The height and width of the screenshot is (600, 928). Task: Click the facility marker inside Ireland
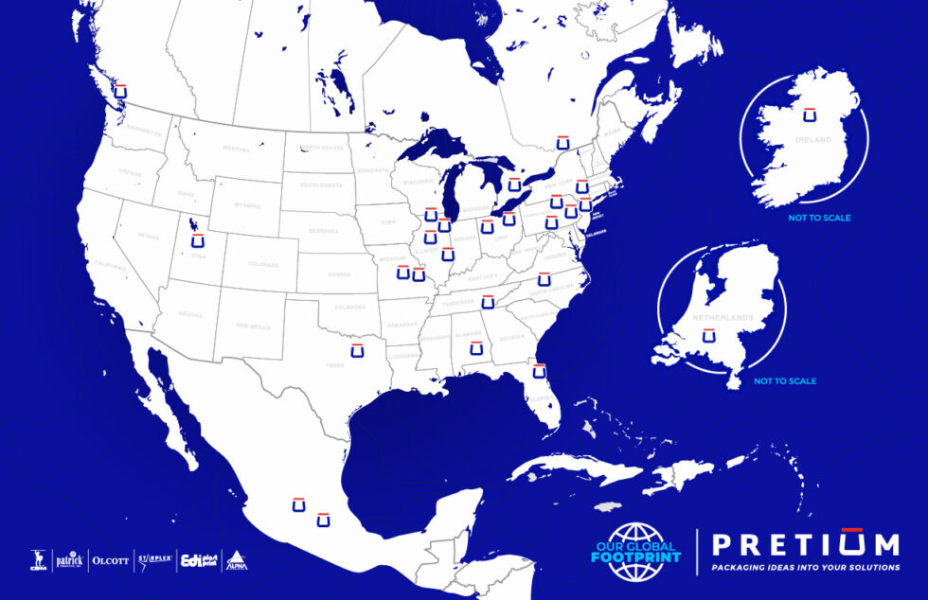[x=810, y=114]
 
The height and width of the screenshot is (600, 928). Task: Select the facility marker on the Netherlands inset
[x=707, y=336]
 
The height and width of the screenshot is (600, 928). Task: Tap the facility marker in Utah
[x=198, y=239]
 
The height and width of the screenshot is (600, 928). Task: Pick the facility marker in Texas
[x=357, y=350]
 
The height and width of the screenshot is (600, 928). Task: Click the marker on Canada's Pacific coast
[x=119, y=91]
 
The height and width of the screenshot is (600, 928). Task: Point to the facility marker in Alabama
[x=475, y=349]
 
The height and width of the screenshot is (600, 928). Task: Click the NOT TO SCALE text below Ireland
[x=819, y=218]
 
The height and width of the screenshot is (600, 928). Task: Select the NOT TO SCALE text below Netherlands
[x=785, y=381]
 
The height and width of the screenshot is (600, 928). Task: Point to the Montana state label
[x=237, y=149]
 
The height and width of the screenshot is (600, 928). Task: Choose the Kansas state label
[x=338, y=274]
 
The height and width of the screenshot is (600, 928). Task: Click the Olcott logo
[x=110, y=560]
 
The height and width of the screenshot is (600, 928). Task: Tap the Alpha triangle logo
[x=236, y=559]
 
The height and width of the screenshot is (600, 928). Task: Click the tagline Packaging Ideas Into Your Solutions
[x=805, y=567]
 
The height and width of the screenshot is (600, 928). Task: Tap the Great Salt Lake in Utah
[x=193, y=225]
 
